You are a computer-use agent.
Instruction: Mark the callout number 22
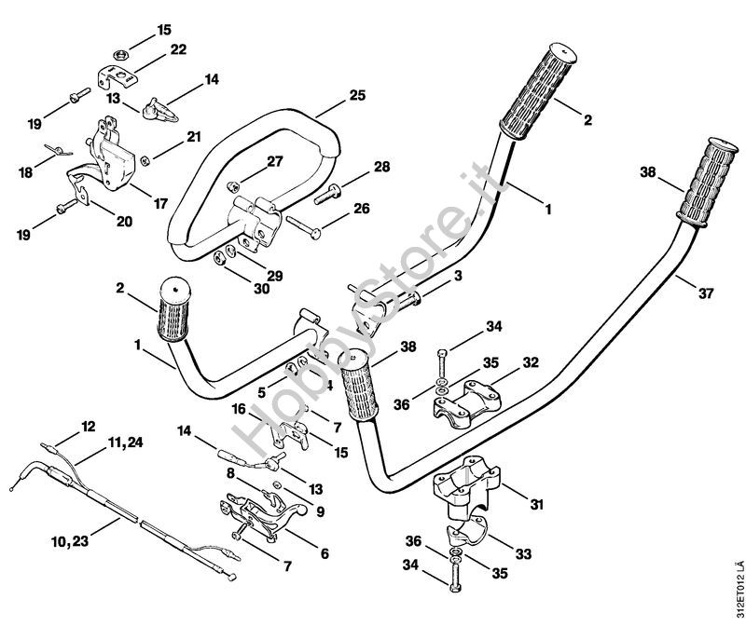point(178,49)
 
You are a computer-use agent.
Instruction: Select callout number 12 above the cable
point(89,426)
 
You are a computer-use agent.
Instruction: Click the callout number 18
point(25,171)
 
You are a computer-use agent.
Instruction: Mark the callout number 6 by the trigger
point(324,552)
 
